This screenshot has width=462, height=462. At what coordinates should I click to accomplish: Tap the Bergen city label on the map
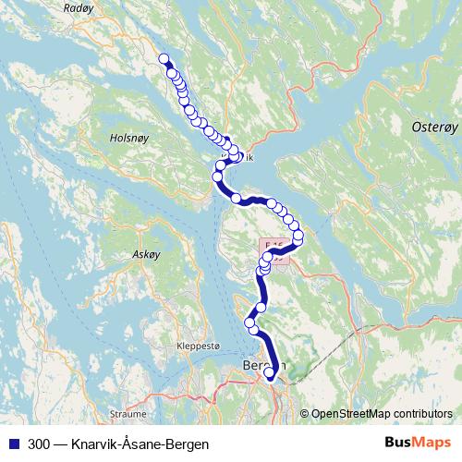pos(262,366)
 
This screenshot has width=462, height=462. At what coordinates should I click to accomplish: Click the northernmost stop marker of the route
pos(164,60)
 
